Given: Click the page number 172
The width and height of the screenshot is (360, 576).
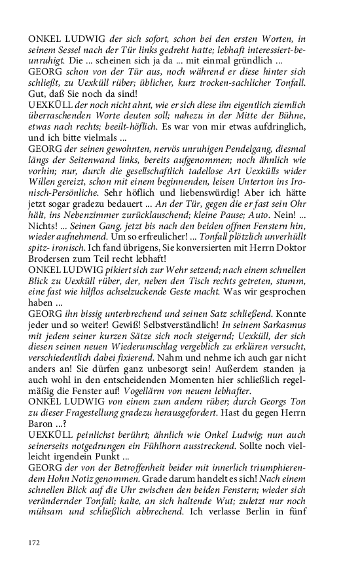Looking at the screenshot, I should tap(34, 543).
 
